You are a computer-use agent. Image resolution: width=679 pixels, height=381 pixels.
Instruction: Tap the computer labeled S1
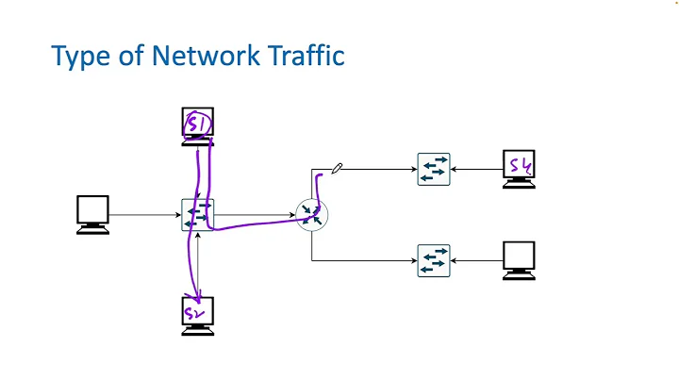tap(198, 127)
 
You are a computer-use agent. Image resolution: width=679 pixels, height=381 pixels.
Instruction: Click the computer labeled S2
tap(198, 316)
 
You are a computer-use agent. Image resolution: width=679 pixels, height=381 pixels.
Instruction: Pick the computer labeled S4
tap(520, 169)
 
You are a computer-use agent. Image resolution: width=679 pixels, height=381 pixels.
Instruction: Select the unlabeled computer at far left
tap(92, 214)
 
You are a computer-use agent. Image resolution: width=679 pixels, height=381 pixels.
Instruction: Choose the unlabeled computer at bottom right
tap(520, 260)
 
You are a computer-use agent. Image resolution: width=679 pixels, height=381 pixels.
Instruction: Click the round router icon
tap(312, 215)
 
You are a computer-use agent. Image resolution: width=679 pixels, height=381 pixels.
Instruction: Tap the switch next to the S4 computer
tap(435, 170)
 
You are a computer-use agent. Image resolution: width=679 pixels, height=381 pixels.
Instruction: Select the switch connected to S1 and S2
tap(198, 215)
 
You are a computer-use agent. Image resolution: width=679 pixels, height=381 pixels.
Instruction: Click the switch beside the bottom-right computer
tap(435, 260)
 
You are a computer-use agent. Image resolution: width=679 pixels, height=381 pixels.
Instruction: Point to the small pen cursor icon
tap(338, 168)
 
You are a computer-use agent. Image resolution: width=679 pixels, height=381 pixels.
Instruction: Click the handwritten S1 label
tap(198, 124)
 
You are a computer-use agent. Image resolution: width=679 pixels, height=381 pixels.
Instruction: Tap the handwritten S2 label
tap(195, 312)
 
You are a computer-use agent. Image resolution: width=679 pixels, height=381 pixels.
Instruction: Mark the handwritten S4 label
tap(521, 166)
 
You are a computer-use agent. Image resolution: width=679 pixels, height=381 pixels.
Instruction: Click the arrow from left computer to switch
tap(145, 215)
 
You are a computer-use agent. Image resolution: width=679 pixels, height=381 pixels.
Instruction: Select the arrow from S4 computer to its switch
tap(477, 170)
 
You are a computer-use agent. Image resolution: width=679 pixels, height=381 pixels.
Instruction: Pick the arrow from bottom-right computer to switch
tap(477, 260)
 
